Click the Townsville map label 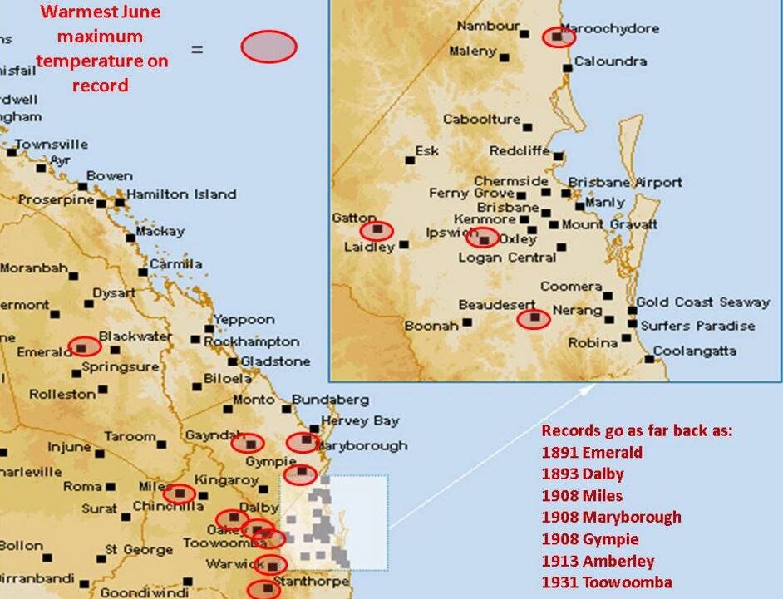point(52,145)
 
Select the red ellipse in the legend point(268,47)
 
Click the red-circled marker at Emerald point(84,346)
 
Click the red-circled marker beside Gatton point(377,231)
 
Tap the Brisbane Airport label point(625,182)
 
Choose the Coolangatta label point(695,351)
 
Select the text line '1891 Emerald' point(591,453)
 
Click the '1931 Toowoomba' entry point(607,582)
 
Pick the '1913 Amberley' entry point(598,561)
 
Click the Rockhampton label point(251,341)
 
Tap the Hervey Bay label point(360,420)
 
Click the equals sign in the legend point(197,49)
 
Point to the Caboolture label point(481,120)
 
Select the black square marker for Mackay point(130,238)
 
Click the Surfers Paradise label point(697,325)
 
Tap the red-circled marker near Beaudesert point(534,318)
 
